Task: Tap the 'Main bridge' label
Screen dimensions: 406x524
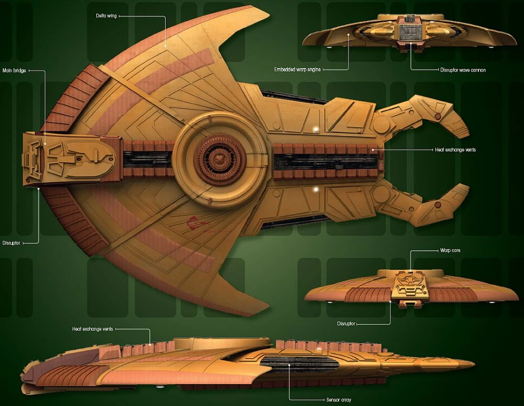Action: pyautogui.click(x=14, y=70)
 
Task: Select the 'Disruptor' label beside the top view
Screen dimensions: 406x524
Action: pyautogui.click(x=11, y=243)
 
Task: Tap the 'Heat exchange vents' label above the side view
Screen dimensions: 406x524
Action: pyautogui.click(x=92, y=329)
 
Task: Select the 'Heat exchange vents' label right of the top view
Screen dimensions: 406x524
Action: pyautogui.click(x=455, y=150)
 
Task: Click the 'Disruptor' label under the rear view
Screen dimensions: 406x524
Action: pyautogui.click(x=346, y=324)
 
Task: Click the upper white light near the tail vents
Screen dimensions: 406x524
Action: pyautogui.click(x=315, y=129)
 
